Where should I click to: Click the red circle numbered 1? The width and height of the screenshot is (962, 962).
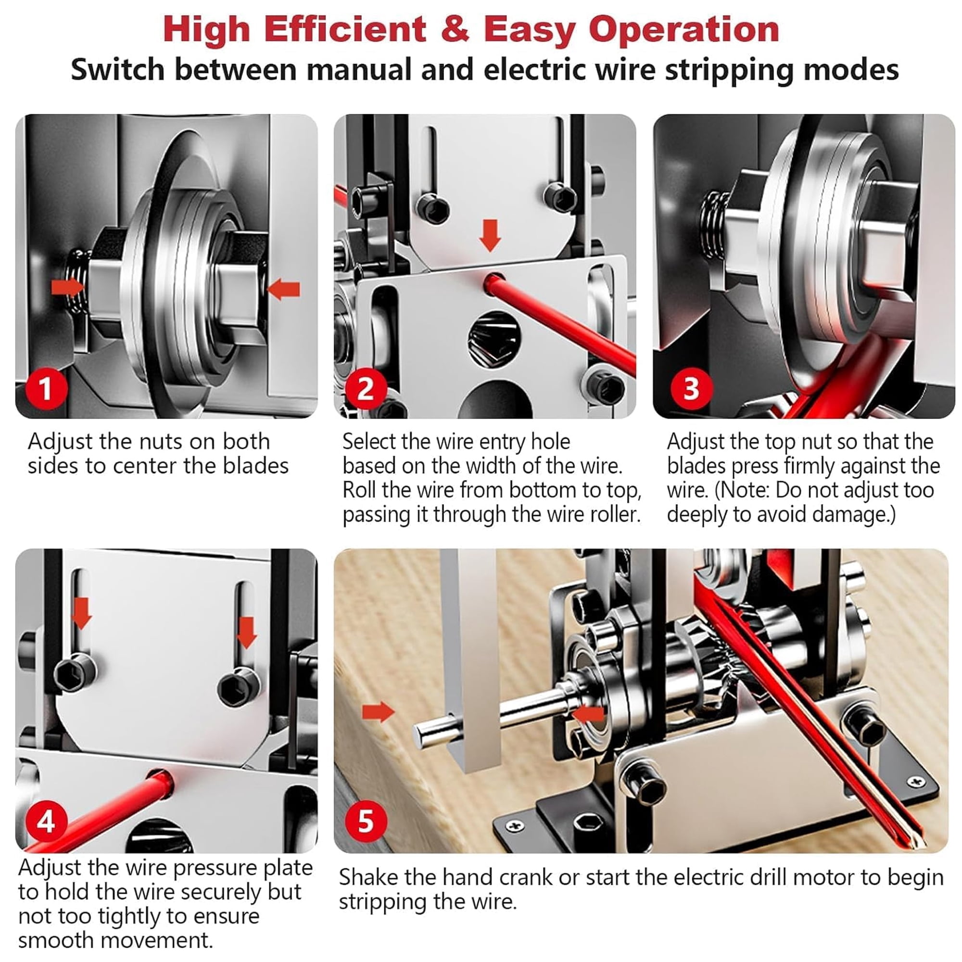46,388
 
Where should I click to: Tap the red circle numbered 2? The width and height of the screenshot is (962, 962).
366,388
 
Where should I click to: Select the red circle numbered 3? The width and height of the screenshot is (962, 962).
691,388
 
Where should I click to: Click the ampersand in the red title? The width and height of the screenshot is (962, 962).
455,29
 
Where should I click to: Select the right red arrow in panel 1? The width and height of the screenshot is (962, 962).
283,289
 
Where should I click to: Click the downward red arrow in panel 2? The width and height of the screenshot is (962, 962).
491,236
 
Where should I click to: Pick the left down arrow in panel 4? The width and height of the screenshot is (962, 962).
81,613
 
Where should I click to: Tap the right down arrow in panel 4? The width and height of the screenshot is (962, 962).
246,633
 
